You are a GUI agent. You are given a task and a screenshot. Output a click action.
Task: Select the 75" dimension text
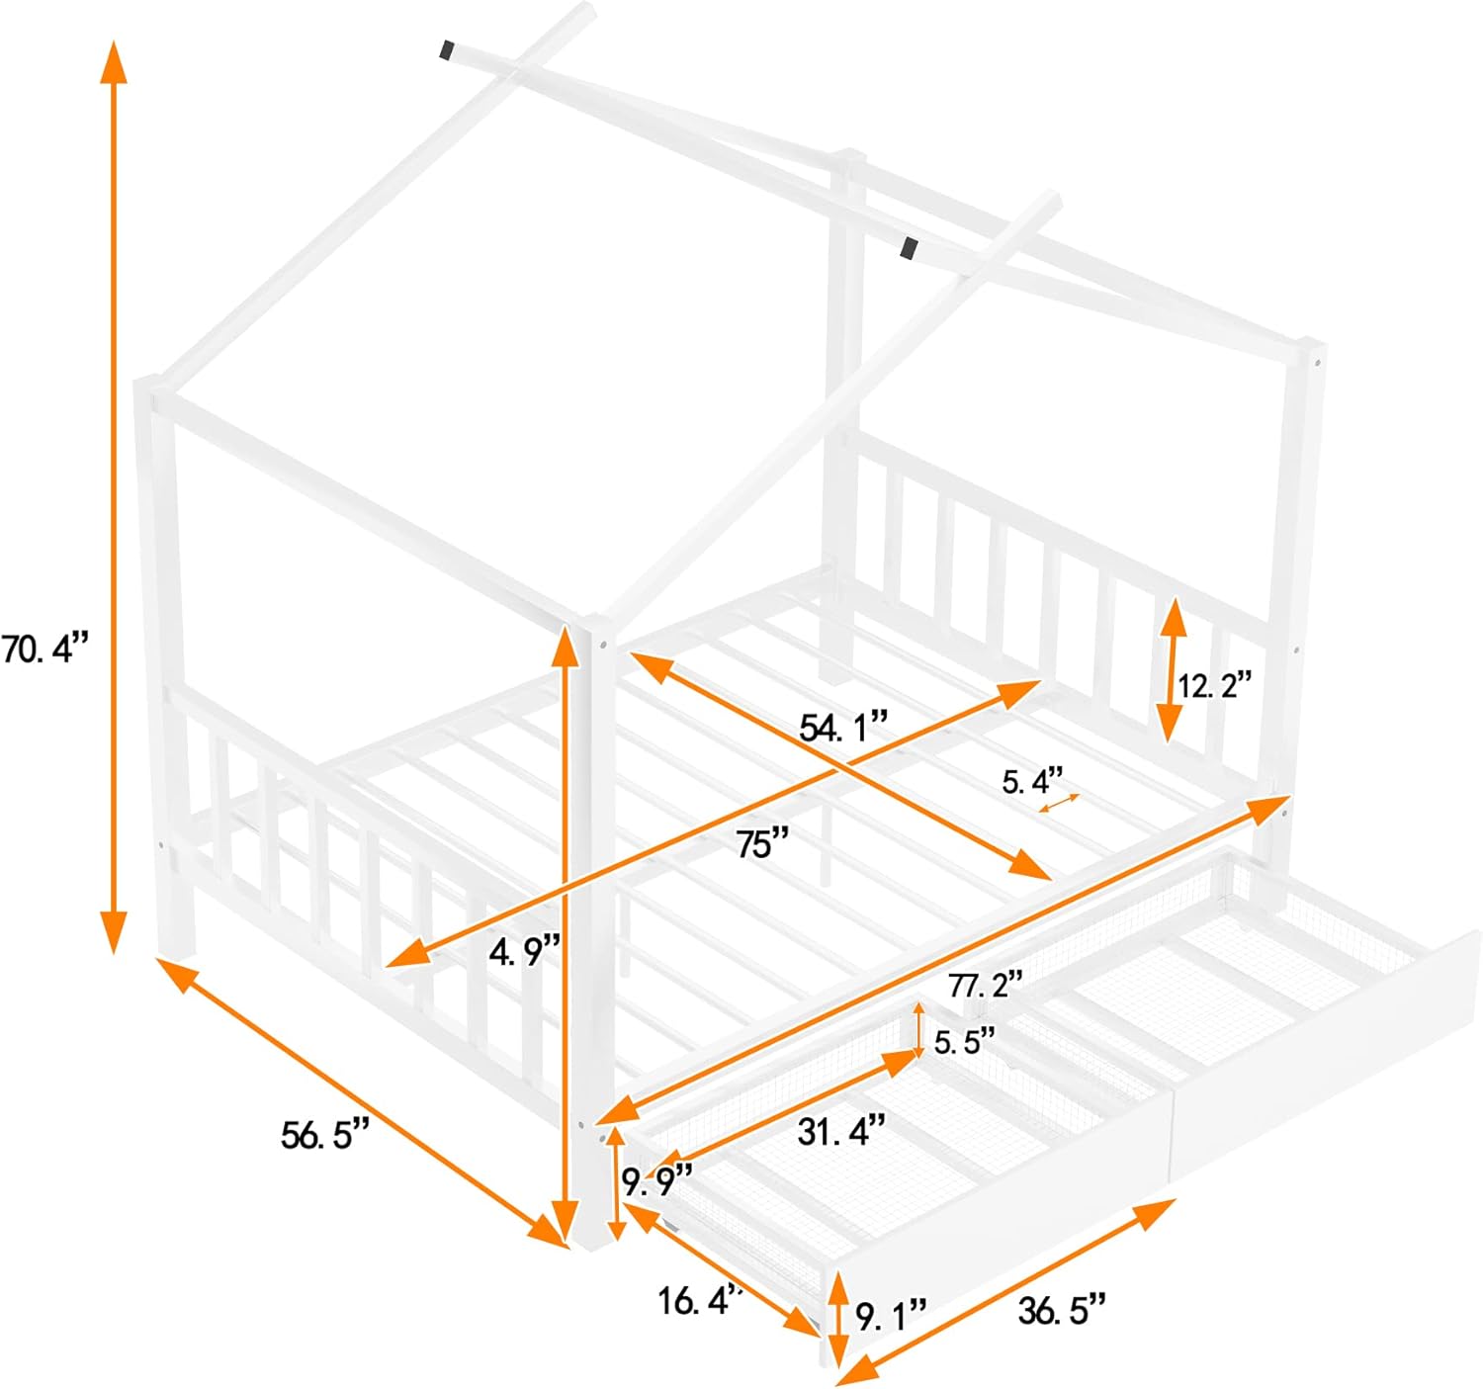(x=761, y=844)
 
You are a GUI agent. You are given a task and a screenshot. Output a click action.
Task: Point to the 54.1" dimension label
(x=843, y=726)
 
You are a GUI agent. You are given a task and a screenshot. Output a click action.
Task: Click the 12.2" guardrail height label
(x=1214, y=685)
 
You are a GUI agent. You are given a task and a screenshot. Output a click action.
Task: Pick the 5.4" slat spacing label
(x=1033, y=781)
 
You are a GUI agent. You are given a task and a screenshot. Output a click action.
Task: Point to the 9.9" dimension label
(x=657, y=1181)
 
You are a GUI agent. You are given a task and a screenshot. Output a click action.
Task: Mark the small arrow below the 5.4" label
(x=1060, y=804)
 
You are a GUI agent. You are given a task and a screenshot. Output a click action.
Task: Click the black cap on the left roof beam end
(x=448, y=50)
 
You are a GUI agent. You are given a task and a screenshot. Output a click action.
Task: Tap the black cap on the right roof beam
(x=909, y=248)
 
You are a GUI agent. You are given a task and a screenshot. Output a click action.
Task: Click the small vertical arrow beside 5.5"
(x=919, y=1030)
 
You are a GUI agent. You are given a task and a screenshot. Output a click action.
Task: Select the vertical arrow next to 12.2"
(x=1173, y=670)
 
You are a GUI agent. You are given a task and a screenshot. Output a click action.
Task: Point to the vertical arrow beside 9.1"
(x=838, y=1320)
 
